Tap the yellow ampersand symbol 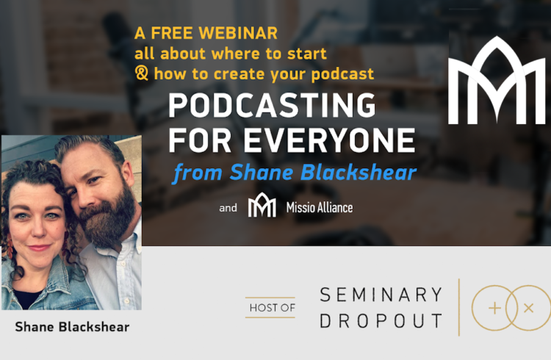point(142,73)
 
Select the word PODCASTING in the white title point(272,105)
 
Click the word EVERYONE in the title point(329,140)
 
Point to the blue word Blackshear point(359,172)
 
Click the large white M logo point(497,80)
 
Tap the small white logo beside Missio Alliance point(262,204)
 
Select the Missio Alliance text point(320,207)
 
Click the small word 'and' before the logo point(228,208)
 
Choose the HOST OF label point(273,308)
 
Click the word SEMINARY point(381,295)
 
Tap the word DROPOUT point(381,320)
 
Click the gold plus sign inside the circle point(494,309)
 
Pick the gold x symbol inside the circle point(528,309)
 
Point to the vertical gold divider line point(459,307)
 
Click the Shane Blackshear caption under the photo point(72,327)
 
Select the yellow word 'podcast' point(342,73)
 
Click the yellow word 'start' point(307,54)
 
